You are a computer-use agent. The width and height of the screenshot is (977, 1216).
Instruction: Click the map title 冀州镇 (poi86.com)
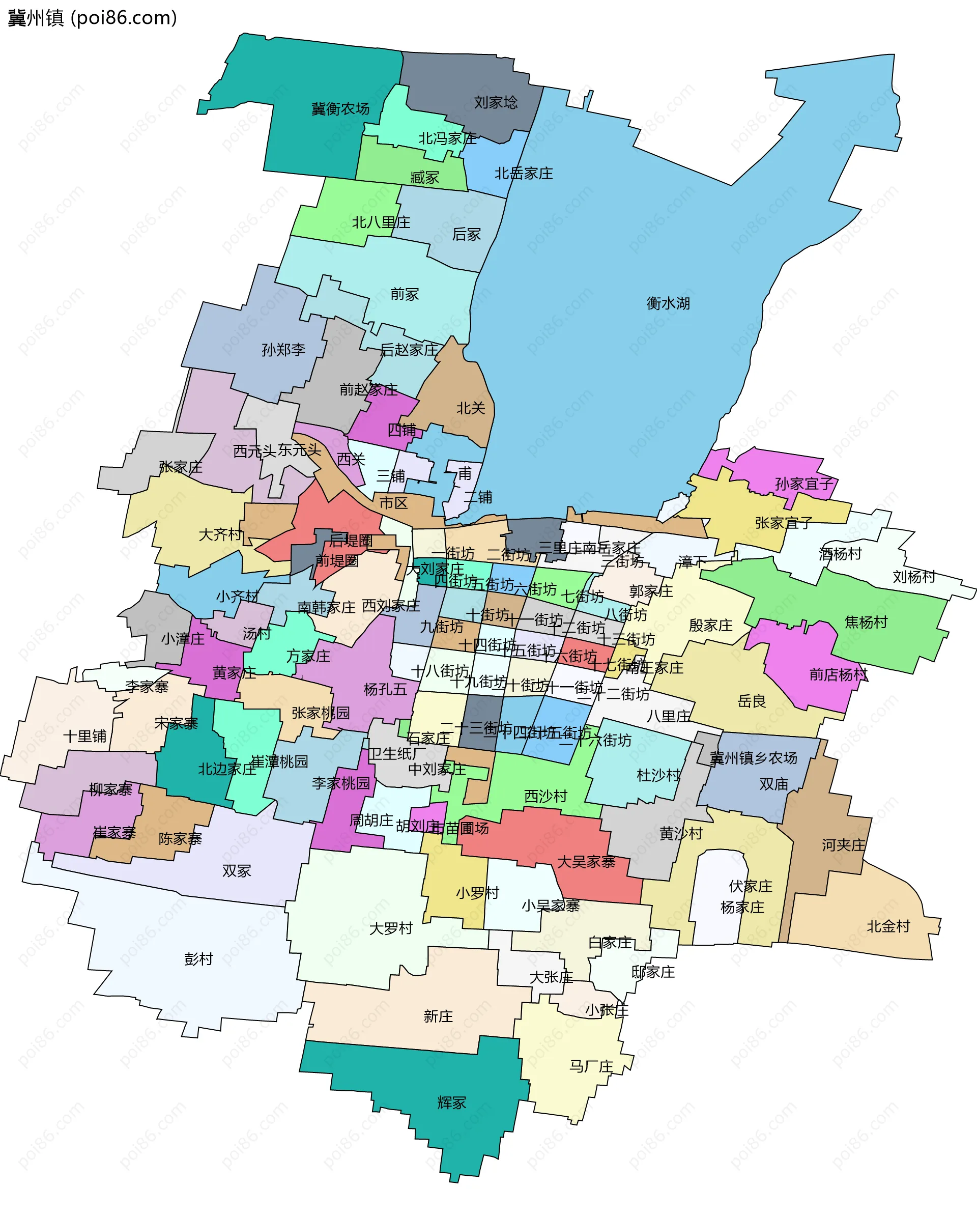coord(92,18)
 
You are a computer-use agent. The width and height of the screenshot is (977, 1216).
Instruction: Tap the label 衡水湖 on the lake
coord(668,303)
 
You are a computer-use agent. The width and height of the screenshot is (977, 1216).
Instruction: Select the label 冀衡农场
coord(340,108)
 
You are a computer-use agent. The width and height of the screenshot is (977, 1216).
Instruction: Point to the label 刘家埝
coord(496,102)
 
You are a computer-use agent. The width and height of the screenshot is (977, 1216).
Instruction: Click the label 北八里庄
coord(381,222)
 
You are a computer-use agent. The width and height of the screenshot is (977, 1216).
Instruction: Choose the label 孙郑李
coord(283,350)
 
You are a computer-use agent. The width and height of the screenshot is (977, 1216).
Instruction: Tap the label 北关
coord(470,408)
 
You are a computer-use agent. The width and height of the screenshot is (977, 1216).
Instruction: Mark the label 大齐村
coord(220,534)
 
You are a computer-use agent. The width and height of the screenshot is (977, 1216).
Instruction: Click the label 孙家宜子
coord(804,484)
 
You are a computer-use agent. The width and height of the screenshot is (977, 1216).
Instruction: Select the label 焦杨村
coord(866,622)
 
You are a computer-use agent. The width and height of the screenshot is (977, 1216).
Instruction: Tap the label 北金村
coord(888,926)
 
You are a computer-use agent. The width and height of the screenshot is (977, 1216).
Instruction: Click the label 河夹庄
coord(843,845)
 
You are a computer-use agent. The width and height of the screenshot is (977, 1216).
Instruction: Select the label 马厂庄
coord(591,1066)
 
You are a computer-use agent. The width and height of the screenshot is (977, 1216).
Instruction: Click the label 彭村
coord(198,959)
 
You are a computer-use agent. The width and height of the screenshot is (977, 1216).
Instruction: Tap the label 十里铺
coord(84,736)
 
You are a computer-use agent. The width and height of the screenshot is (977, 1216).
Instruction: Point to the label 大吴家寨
coord(586,862)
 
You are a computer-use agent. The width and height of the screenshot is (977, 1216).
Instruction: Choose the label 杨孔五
coord(385,689)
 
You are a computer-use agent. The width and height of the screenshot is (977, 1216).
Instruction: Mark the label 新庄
coord(438,1016)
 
